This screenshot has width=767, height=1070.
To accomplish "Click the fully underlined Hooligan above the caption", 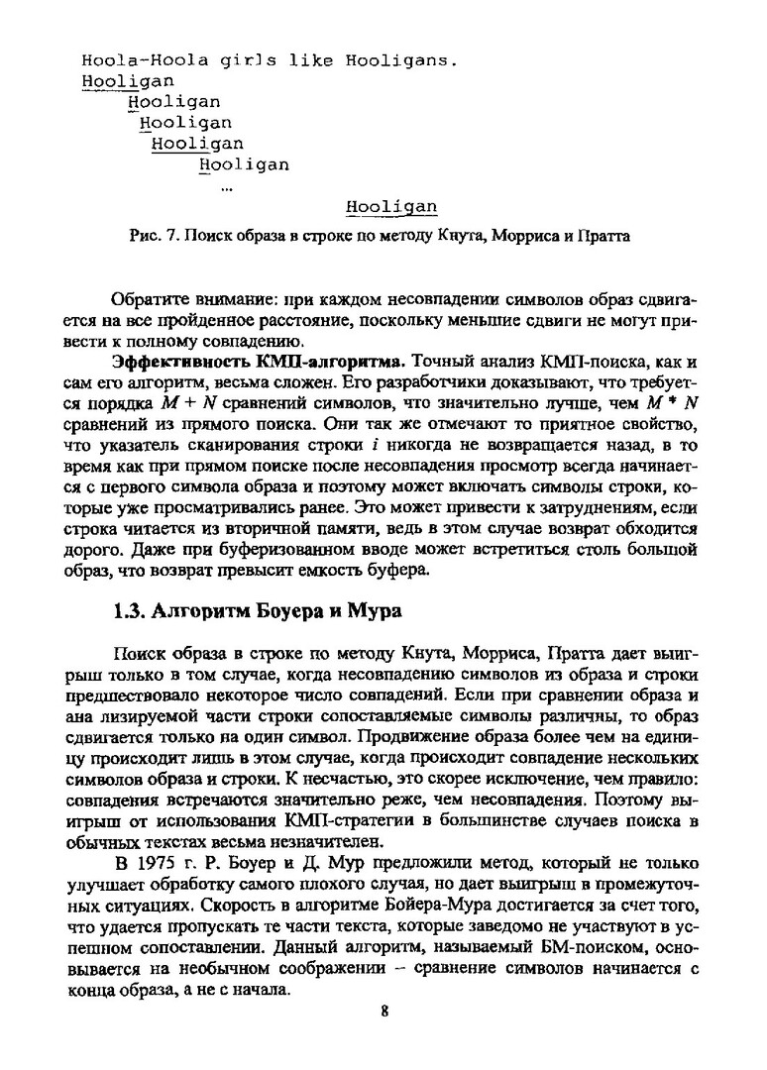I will (x=392, y=207).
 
